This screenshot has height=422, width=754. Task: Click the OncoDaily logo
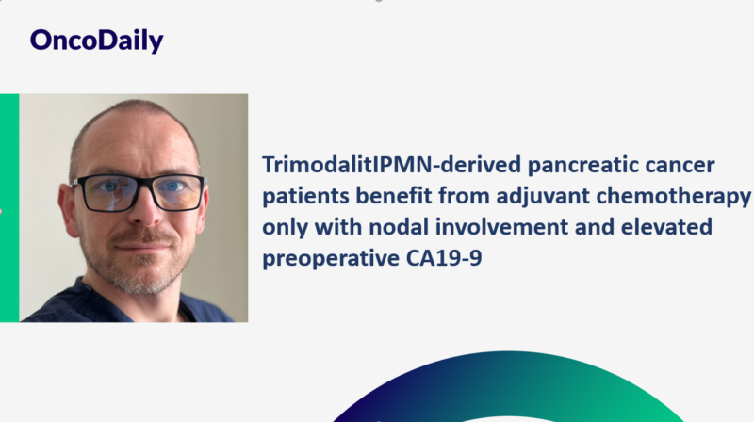pyautogui.click(x=96, y=40)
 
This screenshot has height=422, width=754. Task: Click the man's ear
pyautogui.click(x=65, y=203)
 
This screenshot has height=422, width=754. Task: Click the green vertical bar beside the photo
pyautogui.click(x=9, y=207)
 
